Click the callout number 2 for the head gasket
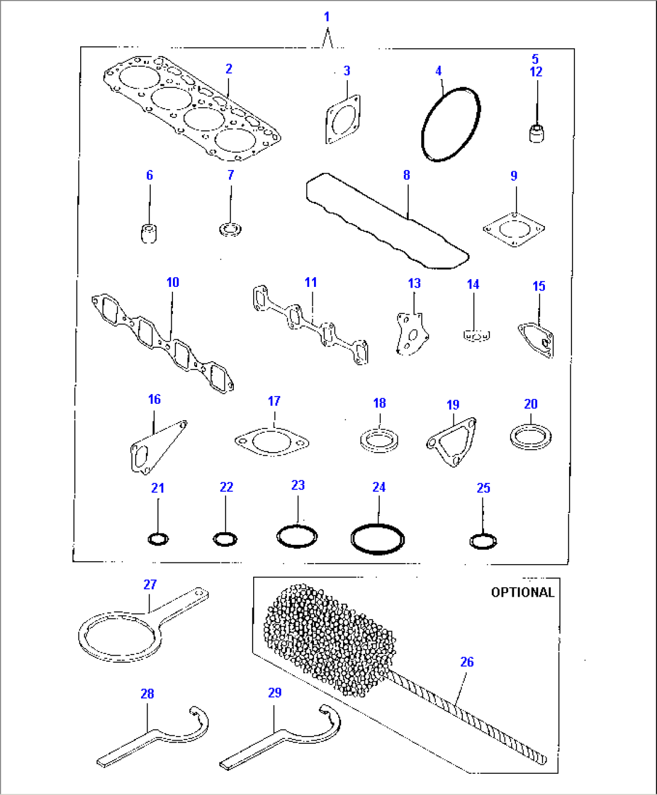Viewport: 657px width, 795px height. coord(228,69)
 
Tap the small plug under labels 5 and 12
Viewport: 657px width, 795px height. coord(537,133)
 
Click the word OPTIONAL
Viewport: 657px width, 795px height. coord(523,592)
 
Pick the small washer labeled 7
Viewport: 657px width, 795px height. coord(230,229)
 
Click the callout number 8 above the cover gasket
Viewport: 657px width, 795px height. coord(406,175)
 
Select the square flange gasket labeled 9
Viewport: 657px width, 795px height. coord(514,230)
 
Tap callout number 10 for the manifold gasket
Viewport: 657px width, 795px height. coord(172,282)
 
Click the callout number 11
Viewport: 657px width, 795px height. coord(310,282)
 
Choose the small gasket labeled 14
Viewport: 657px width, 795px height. coord(476,335)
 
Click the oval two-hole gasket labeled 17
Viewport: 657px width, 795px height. coord(272,442)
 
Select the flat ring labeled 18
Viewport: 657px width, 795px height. coord(378,440)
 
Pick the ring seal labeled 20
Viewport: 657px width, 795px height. coord(530,437)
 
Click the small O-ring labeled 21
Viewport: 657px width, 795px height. coord(158,539)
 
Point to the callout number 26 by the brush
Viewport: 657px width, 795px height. coord(467,662)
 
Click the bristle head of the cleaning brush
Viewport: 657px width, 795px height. coord(328,639)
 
